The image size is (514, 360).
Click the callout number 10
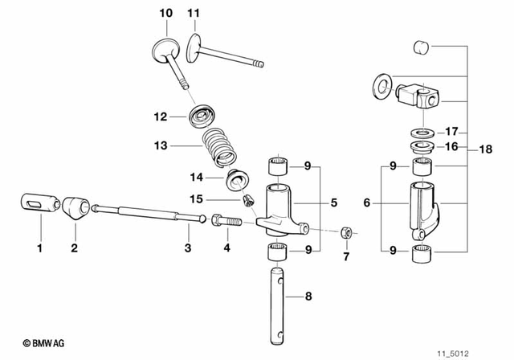[x=165, y=13]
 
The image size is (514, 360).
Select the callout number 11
[x=193, y=13]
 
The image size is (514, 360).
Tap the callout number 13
[x=160, y=146]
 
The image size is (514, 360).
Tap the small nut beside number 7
[x=345, y=231]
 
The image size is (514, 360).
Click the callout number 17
[x=451, y=132]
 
